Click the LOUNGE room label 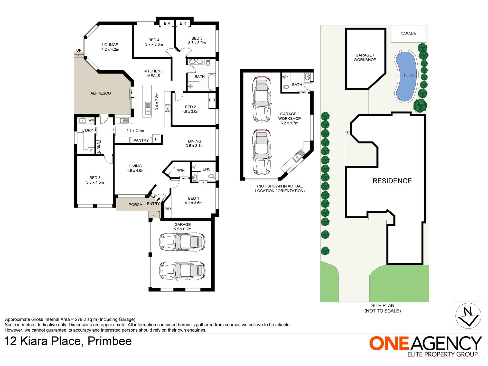(x=110, y=45)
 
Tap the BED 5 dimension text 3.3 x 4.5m (x=95, y=182)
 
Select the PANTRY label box (x=141, y=140)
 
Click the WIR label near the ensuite (x=181, y=170)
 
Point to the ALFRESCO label (x=101, y=93)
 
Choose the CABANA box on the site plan (x=408, y=34)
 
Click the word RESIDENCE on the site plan (x=392, y=181)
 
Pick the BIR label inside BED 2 (x=212, y=100)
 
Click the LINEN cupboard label (x=98, y=147)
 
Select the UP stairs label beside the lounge (x=79, y=50)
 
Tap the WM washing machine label (x=91, y=120)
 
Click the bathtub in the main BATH (x=211, y=82)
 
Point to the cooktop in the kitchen (x=167, y=109)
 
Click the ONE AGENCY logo (x=425, y=346)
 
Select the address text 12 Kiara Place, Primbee (x=68, y=341)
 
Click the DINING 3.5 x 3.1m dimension (x=195, y=146)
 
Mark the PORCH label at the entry (x=135, y=205)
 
